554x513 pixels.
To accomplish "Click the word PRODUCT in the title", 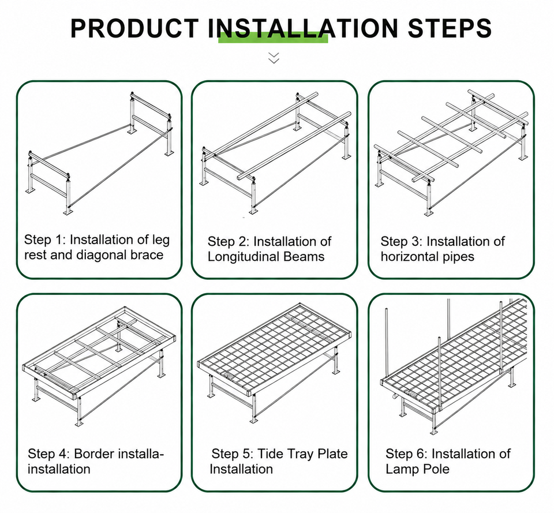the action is coord(134,28).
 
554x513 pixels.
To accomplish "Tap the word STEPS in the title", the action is coord(450,28).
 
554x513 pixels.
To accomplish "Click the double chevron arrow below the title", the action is coord(274,58).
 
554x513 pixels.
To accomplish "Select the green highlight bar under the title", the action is coord(273,38).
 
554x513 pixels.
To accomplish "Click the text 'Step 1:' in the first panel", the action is coord(45,240).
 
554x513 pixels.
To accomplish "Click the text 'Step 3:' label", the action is coord(402,242).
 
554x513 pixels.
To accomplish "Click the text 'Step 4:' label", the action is coord(48,454).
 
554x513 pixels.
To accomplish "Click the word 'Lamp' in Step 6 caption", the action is coord(402,470).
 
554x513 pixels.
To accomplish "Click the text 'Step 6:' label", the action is coord(407,454).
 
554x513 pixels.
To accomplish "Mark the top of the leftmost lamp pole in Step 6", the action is coord(386,310).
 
